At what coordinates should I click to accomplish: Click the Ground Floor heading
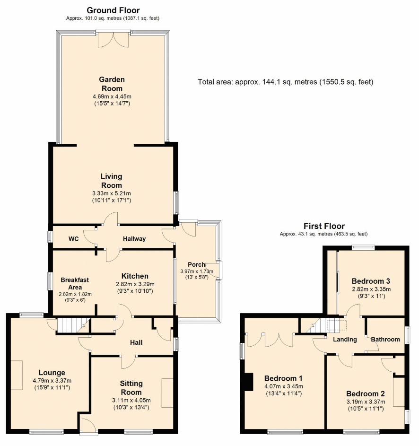tap(113, 10)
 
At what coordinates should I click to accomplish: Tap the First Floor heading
tap(324, 226)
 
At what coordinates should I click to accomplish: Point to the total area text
tap(285, 82)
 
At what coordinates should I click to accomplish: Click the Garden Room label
tap(112, 84)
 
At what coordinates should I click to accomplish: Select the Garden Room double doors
tap(113, 39)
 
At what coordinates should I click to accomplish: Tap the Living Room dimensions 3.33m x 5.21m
tap(112, 193)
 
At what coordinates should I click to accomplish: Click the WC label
tap(73, 239)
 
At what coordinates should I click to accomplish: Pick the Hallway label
tap(134, 239)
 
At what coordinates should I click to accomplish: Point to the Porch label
tap(196, 264)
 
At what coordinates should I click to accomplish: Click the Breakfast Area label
tap(75, 284)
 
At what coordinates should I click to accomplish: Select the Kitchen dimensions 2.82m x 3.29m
tap(135, 284)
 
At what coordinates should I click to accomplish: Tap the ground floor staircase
tap(74, 325)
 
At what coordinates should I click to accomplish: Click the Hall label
tap(136, 343)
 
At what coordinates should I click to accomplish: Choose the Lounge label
tap(52, 373)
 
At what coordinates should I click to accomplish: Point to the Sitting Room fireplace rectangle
tap(167, 393)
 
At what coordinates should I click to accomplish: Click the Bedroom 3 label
tap(371, 281)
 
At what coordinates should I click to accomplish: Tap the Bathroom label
tap(385, 339)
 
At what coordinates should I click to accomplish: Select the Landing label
tap(345, 339)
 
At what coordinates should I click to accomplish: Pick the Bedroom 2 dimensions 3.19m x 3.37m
tap(366, 402)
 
